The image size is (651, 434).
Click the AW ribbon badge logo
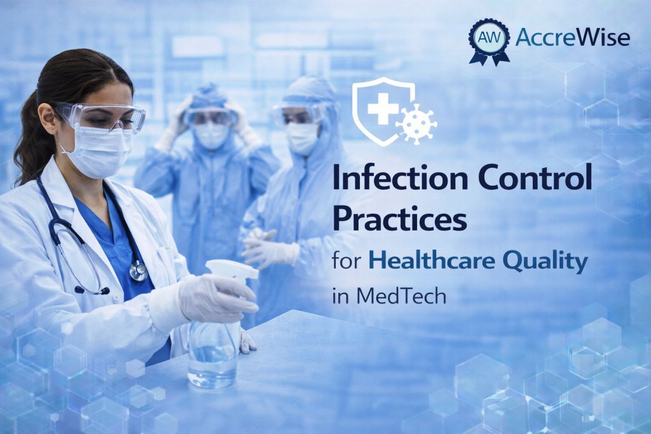pyautogui.click(x=490, y=41)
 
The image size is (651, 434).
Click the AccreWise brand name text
pyautogui.click(x=573, y=37)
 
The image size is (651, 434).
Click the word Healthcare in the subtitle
pyautogui.click(x=432, y=261)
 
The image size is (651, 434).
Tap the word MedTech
pyautogui.click(x=401, y=296)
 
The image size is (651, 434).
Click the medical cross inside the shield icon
pyautogui.click(x=383, y=109)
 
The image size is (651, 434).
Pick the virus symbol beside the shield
pyautogui.click(x=416, y=124)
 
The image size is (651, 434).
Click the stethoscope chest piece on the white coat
pyautogui.click(x=138, y=271)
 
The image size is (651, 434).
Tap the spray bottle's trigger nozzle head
pyautogui.click(x=233, y=269)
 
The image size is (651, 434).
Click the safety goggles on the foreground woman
pyautogui.click(x=102, y=117)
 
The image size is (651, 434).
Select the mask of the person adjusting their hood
pyautogui.click(x=211, y=135)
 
